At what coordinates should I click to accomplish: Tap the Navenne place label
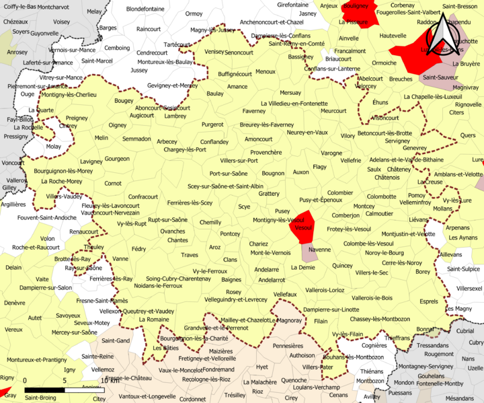(x=320, y=250)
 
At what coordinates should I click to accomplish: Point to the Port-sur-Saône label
(x=229, y=173)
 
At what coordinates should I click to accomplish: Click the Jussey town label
(x=138, y=70)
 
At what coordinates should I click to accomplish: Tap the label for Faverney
(x=253, y=111)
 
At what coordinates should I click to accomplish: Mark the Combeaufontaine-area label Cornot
(x=113, y=183)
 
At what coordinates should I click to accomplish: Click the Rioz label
(x=257, y=391)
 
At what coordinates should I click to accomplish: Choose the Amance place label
(x=237, y=87)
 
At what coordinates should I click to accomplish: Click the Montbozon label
(x=370, y=381)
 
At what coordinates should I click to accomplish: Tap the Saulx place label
(x=374, y=169)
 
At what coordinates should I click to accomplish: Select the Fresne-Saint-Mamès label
(x=102, y=301)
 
